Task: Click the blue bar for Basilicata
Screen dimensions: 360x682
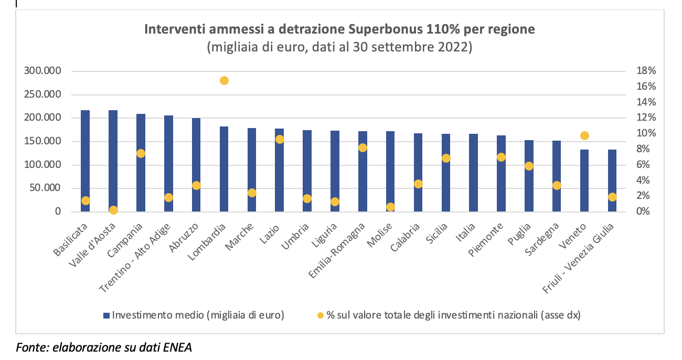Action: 85,157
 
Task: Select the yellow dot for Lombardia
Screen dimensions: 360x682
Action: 224,80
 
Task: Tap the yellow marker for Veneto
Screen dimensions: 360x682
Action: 585,135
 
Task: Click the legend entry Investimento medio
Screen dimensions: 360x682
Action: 198,315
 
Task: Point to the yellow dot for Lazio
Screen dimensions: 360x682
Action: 280,139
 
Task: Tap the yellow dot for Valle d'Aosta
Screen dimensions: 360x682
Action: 113,210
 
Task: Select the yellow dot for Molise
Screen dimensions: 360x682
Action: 390,207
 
